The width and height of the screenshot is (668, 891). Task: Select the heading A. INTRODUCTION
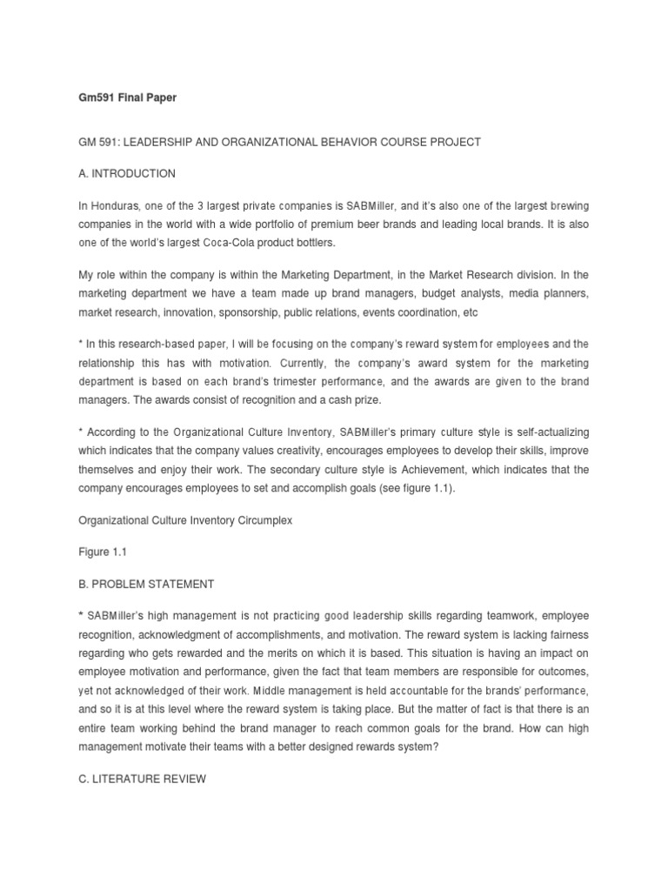point(127,173)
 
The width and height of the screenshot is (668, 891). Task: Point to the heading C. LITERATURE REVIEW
point(142,754)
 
